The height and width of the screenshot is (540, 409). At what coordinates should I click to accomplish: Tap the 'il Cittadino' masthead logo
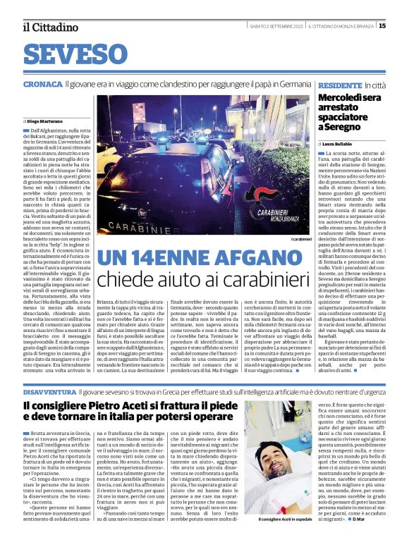[49, 27]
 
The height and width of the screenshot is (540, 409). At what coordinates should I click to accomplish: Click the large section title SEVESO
[79, 54]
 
